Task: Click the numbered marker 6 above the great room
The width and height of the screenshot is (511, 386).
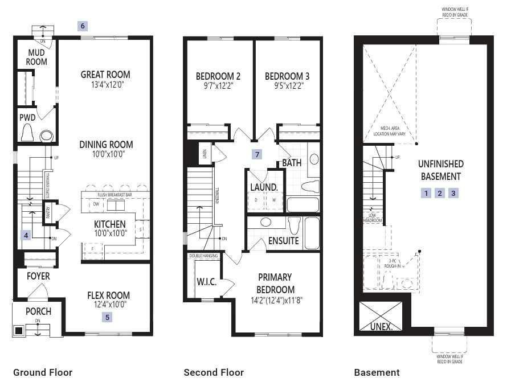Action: (83, 26)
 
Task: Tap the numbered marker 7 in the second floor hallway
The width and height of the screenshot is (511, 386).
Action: (257, 154)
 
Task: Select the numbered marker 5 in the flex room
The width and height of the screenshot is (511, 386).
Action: (108, 317)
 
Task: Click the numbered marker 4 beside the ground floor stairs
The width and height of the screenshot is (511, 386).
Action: (26, 235)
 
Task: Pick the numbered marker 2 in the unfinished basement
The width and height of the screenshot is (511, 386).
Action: (440, 193)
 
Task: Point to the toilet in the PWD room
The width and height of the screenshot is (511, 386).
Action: (28, 133)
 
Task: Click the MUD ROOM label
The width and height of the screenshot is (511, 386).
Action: (37, 57)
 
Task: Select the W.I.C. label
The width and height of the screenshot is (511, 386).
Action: (206, 282)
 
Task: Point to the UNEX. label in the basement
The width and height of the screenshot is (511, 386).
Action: (381, 327)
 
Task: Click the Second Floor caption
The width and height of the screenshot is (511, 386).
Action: (214, 372)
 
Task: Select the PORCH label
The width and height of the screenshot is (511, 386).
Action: (38, 311)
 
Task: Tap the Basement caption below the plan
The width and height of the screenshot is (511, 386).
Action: (377, 372)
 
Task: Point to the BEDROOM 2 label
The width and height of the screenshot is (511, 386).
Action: (218, 76)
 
